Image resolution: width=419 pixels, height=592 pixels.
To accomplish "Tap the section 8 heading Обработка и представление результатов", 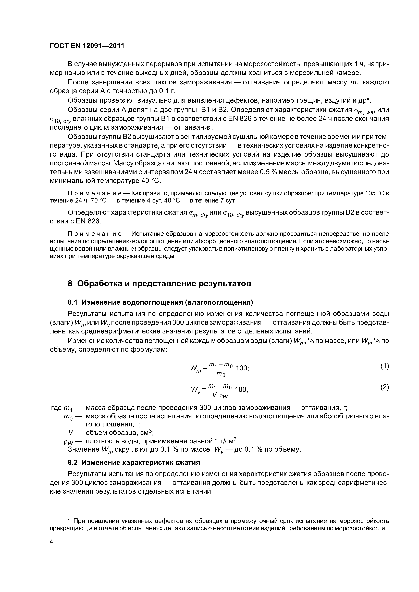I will (159, 284).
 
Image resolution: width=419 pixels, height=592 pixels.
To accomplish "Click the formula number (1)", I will (385, 366).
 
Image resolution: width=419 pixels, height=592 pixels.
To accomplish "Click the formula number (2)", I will (385, 387).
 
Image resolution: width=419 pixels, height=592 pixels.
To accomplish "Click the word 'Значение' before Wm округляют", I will (83, 449).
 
